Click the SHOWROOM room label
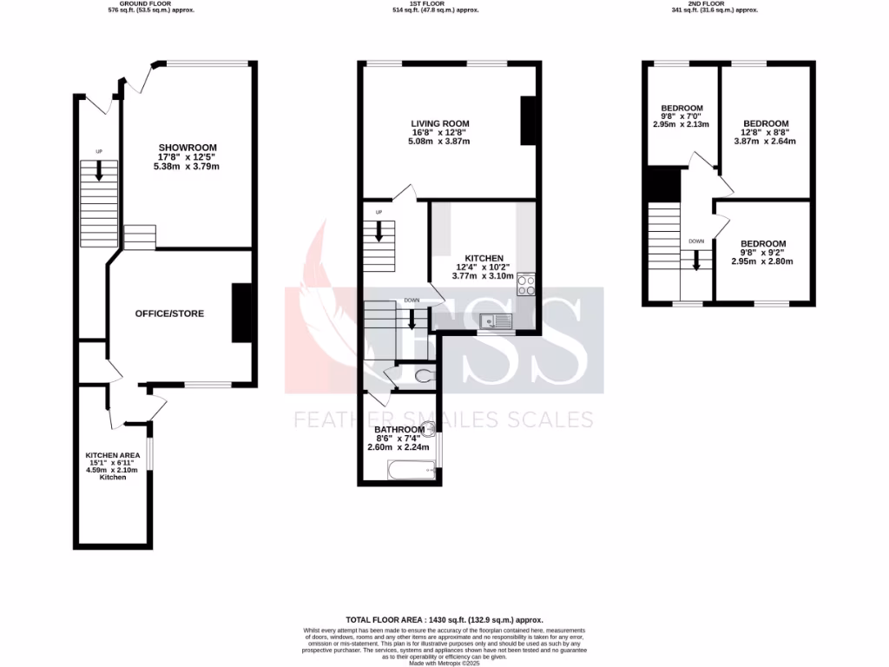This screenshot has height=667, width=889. coord(188,147)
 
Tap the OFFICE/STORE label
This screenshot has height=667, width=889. coord(169,313)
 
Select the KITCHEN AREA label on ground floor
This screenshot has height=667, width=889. coord(107,455)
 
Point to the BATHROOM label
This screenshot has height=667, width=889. coord(399,429)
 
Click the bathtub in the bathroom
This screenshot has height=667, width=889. coord(410,470)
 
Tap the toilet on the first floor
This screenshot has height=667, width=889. coord(425,375)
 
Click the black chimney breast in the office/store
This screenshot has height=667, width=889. coord(241,313)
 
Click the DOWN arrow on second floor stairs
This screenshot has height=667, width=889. coord(695,260)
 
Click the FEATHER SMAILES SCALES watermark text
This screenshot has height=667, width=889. coord(444,420)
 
